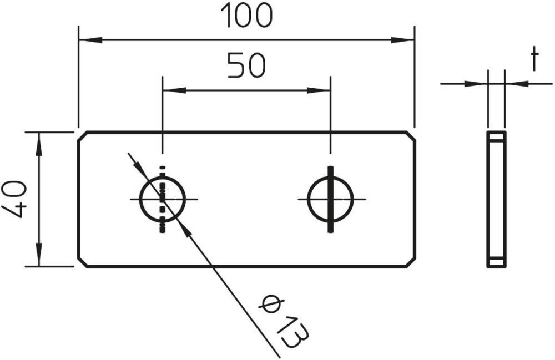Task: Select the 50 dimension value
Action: tap(246, 65)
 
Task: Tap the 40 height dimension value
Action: tap(14, 200)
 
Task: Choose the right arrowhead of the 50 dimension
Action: tap(319, 90)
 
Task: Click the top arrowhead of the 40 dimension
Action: tap(39, 144)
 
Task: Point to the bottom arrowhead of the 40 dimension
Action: tap(39, 255)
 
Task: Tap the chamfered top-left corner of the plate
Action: tap(82, 136)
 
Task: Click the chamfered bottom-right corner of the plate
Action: tap(411, 262)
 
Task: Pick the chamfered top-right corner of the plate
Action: tap(411, 136)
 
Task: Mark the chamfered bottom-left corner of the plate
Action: tap(82, 262)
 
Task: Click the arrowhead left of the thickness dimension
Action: tap(476, 84)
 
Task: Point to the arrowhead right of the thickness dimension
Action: tap(517, 84)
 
